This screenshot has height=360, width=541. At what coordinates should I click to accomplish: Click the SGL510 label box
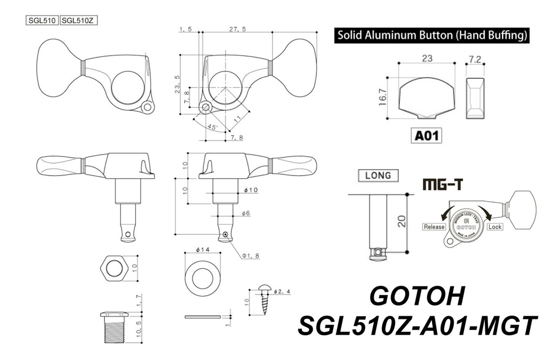click(x=42, y=21)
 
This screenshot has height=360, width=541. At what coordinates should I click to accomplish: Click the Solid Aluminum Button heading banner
click(x=431, y=36)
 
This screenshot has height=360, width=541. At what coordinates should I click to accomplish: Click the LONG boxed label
click(x=378, y=175)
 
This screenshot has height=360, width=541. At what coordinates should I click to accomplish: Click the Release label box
click(x=434, y=227)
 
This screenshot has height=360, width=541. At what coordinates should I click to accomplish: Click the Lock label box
click(x=494, y=227)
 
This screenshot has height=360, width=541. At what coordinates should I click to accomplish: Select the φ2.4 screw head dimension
click(x=283, y=291)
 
